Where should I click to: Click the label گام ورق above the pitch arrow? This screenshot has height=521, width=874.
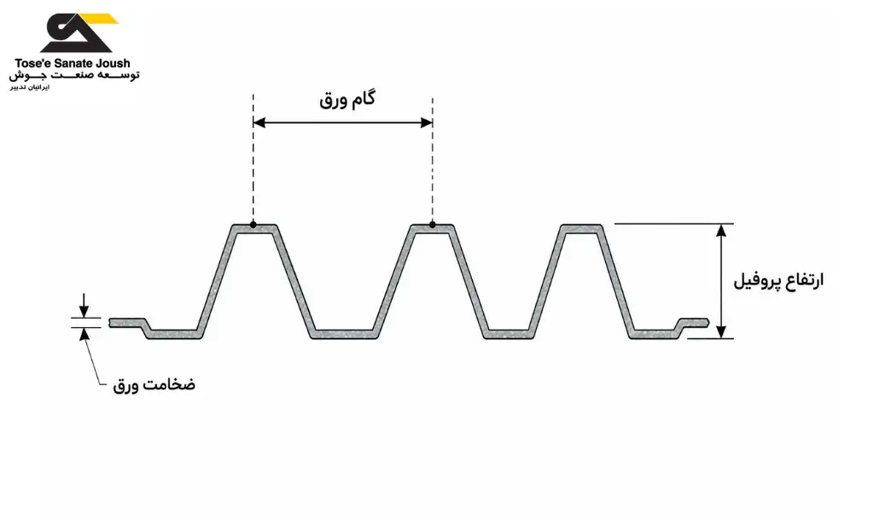[x=347, y=100]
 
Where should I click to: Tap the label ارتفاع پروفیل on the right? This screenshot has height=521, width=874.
[x=778, y=280]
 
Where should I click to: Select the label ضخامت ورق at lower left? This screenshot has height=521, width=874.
[x=154, y=385]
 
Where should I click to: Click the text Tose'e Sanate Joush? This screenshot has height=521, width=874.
[x=73, y=63]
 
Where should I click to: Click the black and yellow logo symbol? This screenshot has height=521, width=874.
[x=78, y=32]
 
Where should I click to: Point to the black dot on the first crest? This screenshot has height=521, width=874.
[x=253, y=225]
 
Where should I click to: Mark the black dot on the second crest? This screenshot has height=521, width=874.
[x=433, y=225]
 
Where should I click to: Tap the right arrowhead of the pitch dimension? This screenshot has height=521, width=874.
[x=427, y=123]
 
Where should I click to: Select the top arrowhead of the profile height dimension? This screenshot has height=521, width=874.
[x=721, y=231]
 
